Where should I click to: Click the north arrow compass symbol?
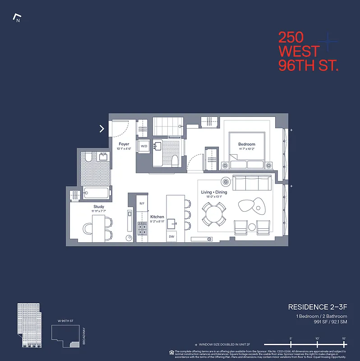click(18, 19)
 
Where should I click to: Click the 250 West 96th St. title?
click(308, 51)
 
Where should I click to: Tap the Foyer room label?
click(124, 144)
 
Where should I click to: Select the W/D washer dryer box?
click(144, 146)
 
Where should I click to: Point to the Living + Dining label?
click(214, 192)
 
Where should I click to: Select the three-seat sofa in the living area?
click(251, 183)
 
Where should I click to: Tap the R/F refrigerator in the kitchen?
click(142, 204)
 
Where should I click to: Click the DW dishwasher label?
click(171, 236)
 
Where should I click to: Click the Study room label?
click(99, 207)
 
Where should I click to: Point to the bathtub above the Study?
click(96, 194)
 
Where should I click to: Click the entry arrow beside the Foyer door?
click(102, 129)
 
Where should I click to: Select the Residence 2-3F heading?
click(318, 307)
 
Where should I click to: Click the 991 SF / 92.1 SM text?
click(330, 322)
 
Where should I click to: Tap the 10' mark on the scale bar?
click(317, 338)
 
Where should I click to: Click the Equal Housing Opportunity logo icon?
click(171, 352)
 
